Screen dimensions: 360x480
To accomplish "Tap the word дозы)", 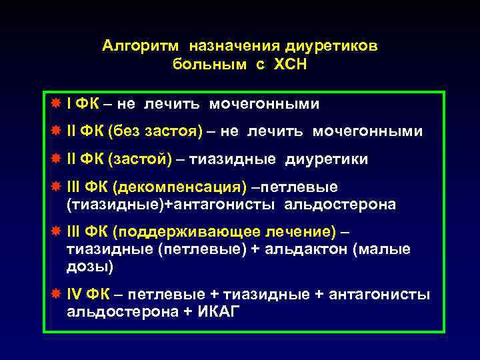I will pyautogui.click(x=90, y=267).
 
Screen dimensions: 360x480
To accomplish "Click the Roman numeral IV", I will pyautogui.click(x=75, y=295).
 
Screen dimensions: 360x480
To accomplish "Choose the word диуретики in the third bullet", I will pyautogui.click(x=327, y=160).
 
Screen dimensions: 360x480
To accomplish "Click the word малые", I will pyautogui.click(x=387, y=249).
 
